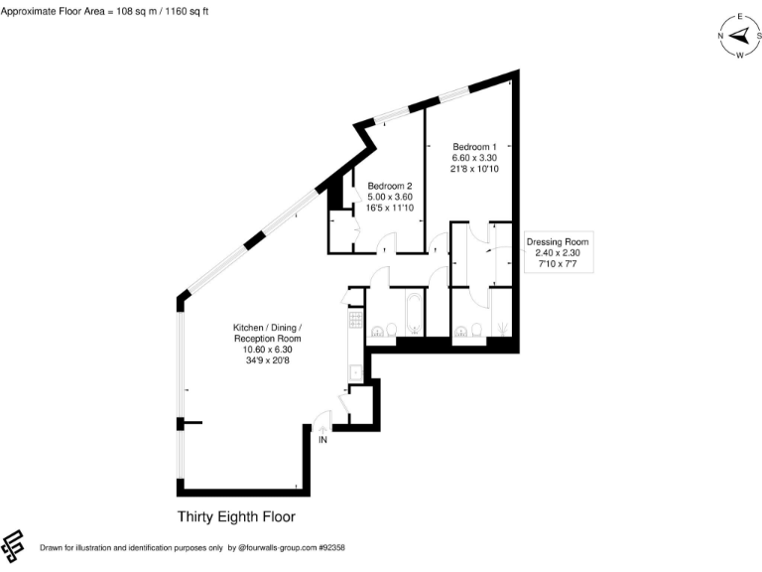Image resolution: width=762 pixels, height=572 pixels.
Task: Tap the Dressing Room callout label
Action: [x=557, y=241]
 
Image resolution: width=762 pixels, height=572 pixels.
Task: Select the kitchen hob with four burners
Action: [x=354, y=321]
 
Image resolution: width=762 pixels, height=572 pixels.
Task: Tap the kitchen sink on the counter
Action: [x=354, y=372]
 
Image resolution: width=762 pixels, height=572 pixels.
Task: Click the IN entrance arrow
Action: [x=322, y=438]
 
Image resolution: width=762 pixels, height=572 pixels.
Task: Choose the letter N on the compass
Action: [x=721, y=36]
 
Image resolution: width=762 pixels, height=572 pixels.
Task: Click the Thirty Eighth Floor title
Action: [x=236, y=516]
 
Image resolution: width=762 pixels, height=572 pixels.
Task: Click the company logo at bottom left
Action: [x=14, y=543]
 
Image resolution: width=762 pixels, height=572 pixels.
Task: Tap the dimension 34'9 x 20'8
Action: [x=262, y=360]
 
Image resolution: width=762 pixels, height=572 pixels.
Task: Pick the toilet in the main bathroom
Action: [x=390, y=330]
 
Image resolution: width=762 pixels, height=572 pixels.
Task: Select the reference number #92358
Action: [x=329, y=547]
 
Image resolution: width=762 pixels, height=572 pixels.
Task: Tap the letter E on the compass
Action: [x=738, y=18]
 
